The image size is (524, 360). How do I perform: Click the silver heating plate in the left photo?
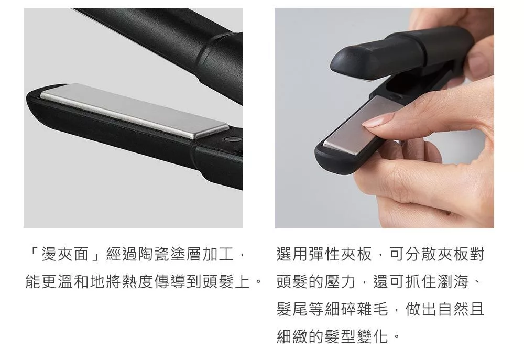[134, 111]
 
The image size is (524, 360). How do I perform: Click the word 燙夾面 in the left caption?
[65, 254]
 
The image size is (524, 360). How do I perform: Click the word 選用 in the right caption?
[292, 254]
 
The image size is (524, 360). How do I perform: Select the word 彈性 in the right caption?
[324, 254]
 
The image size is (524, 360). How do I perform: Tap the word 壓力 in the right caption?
[340, 281]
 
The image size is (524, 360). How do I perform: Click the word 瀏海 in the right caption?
[453, 281]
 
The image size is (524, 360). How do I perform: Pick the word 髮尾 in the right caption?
[292, 309]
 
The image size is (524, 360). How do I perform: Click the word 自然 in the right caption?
[453, 309]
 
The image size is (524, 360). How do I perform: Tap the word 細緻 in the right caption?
[292, 336]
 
